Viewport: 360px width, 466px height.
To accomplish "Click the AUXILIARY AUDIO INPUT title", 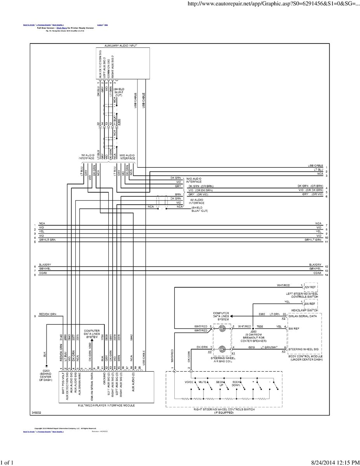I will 121,45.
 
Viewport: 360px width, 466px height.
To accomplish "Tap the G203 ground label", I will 45,370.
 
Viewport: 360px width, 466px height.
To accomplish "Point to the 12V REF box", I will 310,287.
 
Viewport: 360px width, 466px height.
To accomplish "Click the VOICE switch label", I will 189,382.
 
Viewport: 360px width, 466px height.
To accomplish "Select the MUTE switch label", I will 202,382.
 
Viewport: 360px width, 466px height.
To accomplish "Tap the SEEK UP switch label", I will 221,383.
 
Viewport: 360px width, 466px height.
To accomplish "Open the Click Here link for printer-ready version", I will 62,28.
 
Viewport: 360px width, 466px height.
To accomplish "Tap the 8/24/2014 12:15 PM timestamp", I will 335,462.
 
